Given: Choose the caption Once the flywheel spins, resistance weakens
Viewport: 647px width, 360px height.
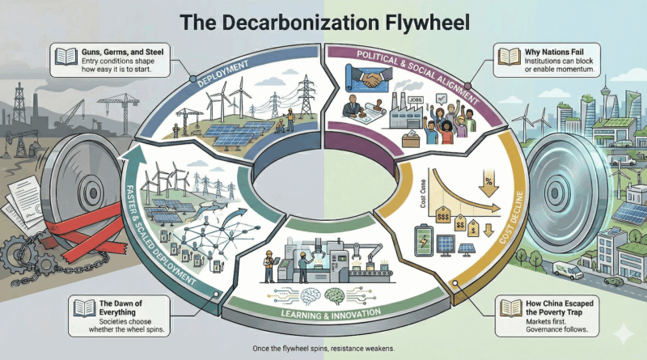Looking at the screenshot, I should click(323, 348).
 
